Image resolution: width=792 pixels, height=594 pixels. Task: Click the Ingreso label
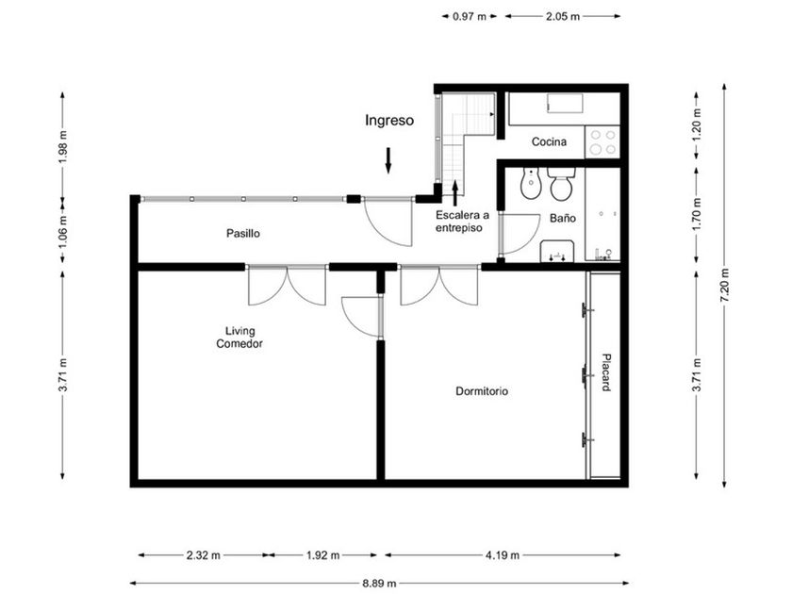coord(389,121)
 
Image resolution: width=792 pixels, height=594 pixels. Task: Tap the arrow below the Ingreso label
coord(388,160)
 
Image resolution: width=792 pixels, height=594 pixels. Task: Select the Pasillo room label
coord(243,234)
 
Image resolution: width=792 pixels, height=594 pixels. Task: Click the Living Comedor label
coord(239,338)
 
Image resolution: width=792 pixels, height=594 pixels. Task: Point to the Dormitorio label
coord(482,391)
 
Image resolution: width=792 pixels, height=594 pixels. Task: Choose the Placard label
coord(606,371)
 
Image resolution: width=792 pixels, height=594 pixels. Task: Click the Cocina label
coord(549,142)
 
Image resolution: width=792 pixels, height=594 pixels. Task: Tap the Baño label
coord(563,218)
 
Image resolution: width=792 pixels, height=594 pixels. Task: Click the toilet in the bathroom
coord(561,185)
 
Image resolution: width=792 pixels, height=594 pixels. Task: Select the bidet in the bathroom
coord(531,183)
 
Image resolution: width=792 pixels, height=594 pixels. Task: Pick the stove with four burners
coord(602,142)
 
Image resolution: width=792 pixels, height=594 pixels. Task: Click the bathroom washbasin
coord(556,252)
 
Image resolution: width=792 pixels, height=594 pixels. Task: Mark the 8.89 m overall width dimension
coord(379,584)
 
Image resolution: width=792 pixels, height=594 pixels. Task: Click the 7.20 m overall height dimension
coord(725,286)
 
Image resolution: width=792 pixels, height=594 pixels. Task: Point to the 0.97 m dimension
coord(470,17)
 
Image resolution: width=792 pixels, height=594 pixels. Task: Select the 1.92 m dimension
coord(322,555)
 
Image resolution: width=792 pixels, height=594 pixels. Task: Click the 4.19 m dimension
coord(503,555)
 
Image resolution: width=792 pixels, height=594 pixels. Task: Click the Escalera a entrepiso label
coord(462,222)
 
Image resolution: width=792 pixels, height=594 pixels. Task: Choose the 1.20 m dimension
coord(697,124)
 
